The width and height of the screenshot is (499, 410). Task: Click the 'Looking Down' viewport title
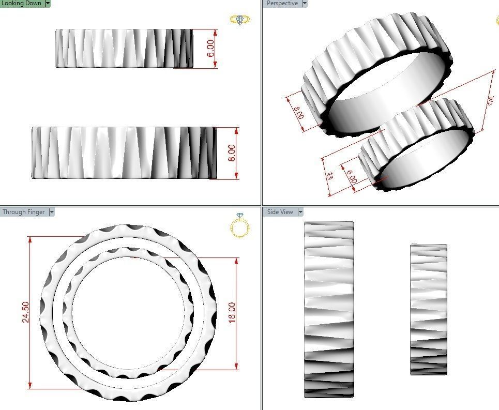22,3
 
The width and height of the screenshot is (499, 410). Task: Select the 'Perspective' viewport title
282,3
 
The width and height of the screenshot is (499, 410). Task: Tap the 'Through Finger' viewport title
24,212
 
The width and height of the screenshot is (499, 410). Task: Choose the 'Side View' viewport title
280,212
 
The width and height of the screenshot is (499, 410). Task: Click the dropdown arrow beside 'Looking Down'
48,3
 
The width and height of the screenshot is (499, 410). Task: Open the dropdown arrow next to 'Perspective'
304,3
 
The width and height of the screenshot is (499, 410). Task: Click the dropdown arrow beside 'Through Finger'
51,212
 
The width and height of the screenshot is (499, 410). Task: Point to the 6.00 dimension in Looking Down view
210,49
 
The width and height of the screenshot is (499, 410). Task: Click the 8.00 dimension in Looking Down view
232,153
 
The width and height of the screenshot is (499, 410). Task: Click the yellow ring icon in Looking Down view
240,20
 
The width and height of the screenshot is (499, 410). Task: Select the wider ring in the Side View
329,309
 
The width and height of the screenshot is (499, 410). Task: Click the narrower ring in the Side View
428,309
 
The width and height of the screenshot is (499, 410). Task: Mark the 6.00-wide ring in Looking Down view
124,48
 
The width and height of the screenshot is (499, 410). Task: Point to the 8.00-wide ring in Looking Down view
124,153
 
